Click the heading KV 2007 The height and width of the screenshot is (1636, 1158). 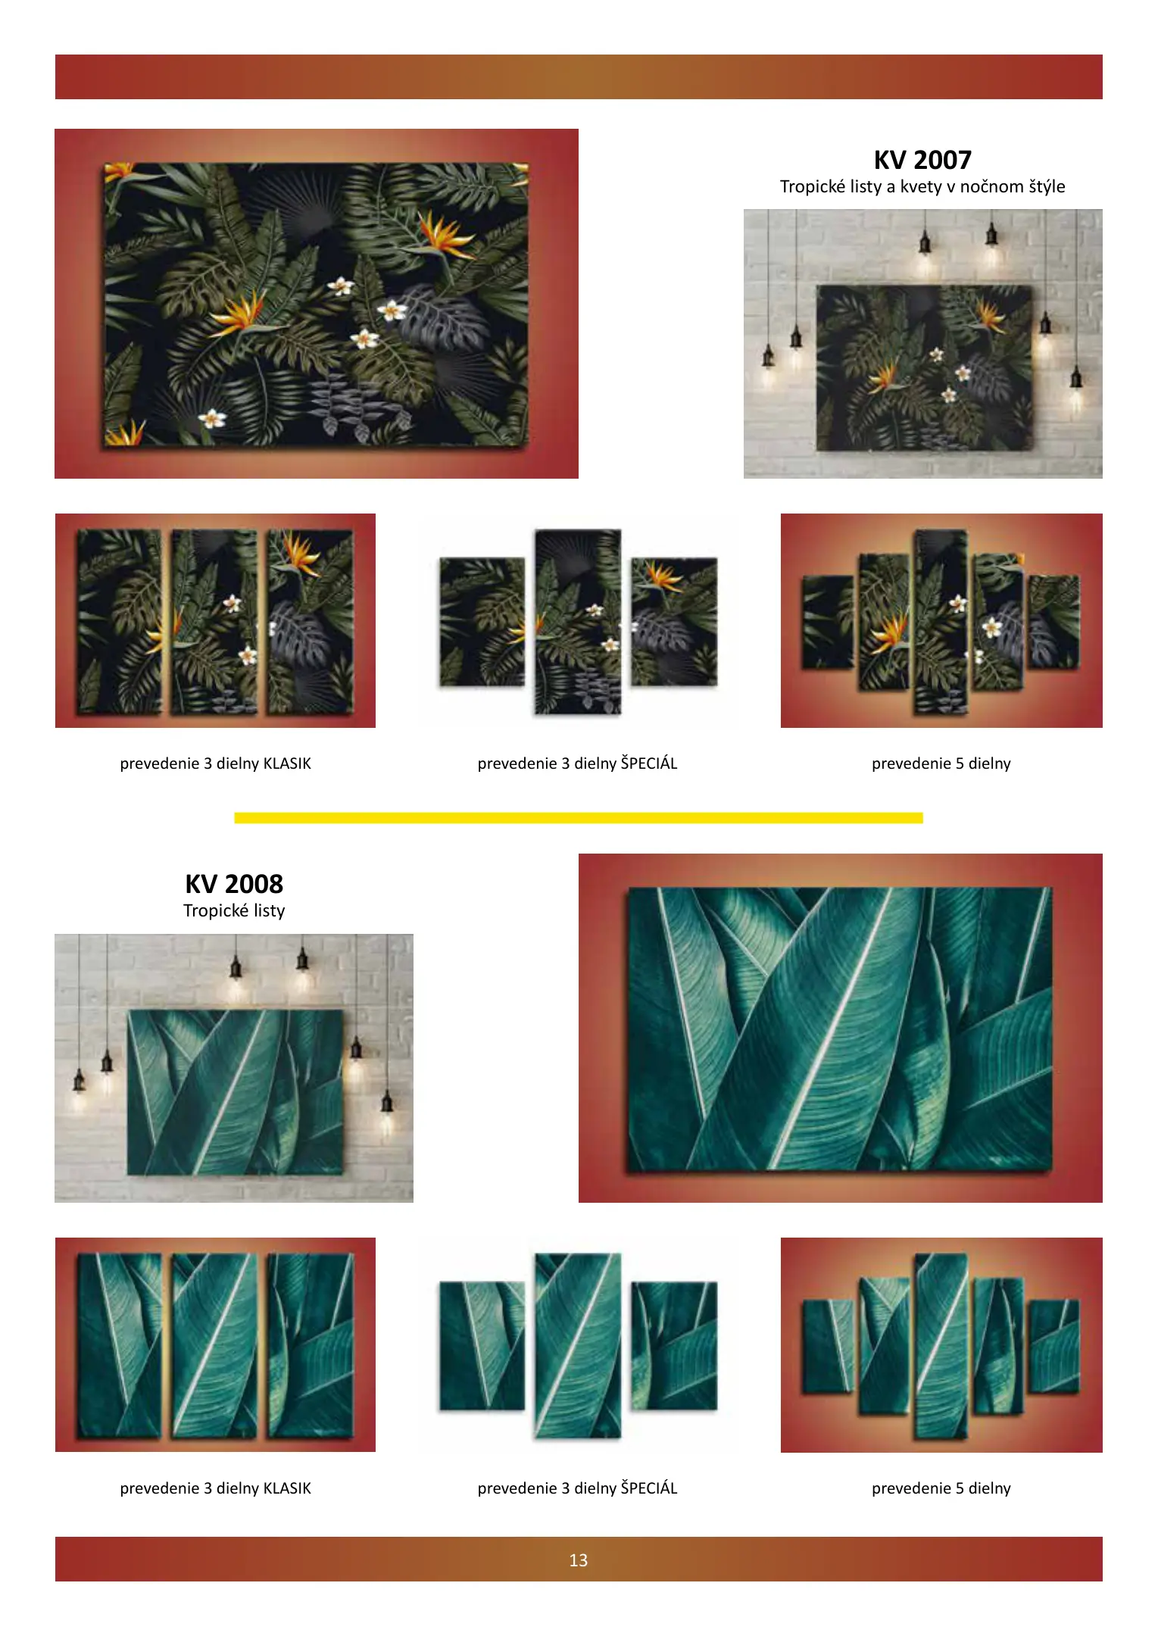click(x=922, y=160)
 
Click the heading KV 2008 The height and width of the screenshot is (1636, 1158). click(x=234, y=884)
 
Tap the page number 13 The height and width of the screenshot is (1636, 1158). click(x=579, y=1560)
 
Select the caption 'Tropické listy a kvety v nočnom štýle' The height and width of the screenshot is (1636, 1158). click(x=922, y=186)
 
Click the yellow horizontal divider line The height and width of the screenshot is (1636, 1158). click(x=579, y=817)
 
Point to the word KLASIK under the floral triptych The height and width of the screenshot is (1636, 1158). click(x=287, y=763)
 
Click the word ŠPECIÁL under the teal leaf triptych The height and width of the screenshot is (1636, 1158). click(x=649, y=1488)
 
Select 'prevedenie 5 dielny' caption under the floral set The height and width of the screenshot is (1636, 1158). click(x=941, y=763)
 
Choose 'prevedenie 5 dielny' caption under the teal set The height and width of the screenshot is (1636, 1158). click(x=941, y=1488)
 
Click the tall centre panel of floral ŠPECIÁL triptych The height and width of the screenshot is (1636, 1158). click(x=578, y=622)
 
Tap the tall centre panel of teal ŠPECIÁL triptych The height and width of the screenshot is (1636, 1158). click(x=578, y=1346)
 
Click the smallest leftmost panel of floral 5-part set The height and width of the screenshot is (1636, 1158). click(x=827, y=622)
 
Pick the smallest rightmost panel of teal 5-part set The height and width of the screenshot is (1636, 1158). click(x=1053, y=1346)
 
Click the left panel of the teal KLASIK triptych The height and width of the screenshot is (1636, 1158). click(x=119, y=1345)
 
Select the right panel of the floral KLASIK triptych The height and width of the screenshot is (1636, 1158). click(x=310, y=621)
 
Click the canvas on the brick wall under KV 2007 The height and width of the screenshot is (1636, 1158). click(x=925, y=368)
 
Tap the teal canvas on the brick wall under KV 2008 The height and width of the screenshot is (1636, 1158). click(x=235, y=1092)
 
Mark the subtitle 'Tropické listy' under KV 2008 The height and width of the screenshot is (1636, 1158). click(x=234, y=910)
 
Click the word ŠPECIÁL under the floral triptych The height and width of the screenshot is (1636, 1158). click(x=649, y=763)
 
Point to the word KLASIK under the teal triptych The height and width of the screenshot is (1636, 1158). click(x=287, y=1488)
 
